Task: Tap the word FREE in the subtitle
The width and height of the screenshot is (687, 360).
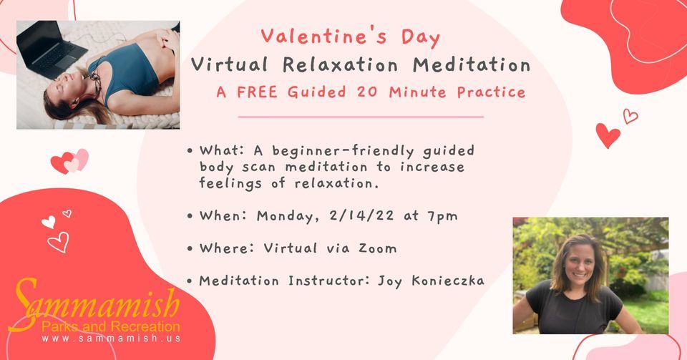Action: click(x=257, y=92)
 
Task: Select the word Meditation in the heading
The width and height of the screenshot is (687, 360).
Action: click(x=472, y=65)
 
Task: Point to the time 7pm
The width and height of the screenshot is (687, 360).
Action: click(x=442, y=216)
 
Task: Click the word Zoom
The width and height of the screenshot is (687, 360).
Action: click(x=378, y=248)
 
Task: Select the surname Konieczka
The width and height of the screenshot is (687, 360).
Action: click(x=448, y=281)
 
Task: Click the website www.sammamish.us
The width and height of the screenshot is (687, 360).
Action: click(x=112, y=339)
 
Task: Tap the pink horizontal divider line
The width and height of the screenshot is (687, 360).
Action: click(x=361, y=117)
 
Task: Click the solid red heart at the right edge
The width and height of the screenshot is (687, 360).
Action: click(x=608, y=135)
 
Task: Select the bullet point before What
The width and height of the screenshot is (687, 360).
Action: click(x=190, y=151)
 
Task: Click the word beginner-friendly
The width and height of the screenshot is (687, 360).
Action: click(x=343, y=151)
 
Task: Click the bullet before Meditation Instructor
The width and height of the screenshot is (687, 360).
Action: click(x=190, y=281)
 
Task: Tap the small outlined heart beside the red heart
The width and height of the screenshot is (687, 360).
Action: click(x=630, y=116)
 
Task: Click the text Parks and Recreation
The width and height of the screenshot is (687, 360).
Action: click(x=111, y=326)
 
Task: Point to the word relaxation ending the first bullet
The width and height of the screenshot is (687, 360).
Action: click(x=336, y=183)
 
